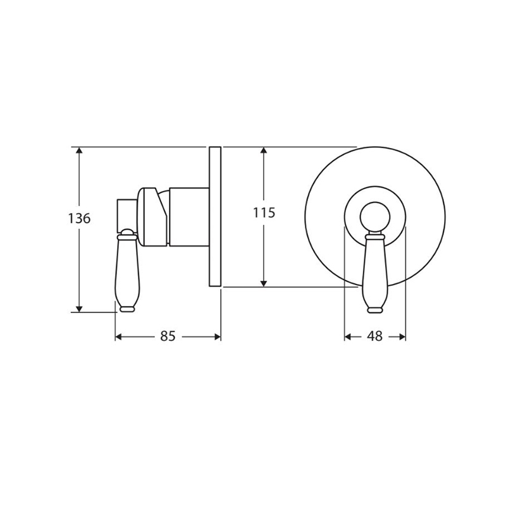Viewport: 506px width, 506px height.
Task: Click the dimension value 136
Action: pyautogui.click(x=80, y=219)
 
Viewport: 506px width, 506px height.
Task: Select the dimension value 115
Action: pyautogui.click(x=264, y=213)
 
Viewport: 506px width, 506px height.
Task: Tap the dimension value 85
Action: pyautogui.click(x=168, y=336)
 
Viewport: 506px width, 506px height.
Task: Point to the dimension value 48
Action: pyautogui.click(x=374, y=336)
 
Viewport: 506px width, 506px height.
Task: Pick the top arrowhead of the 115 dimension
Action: pyautogui.click(x=264, y=151)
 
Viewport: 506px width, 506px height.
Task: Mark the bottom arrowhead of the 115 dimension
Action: pyautogui.click(x=264, y=283)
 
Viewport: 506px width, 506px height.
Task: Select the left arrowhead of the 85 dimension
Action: pyautogui.click(x=119, y=337)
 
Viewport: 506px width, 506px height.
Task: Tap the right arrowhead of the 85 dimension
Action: pyautogui.click(x=217, y=337)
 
